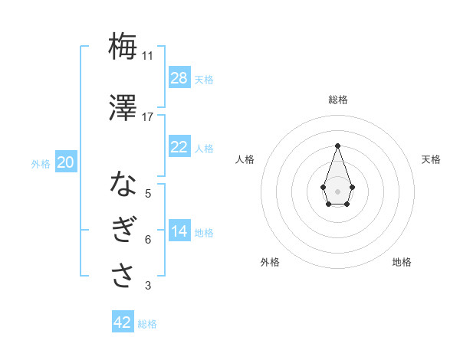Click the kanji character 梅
click(x=123, y=47)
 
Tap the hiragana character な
click(x=123, y=184)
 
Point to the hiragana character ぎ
click(x=123, y=231)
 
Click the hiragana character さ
click(x=123, y=276)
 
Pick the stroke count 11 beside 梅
click(x=147, y=56)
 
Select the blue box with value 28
click(x=179, y=78)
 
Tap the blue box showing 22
click(x=179, y=147)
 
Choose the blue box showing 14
click(x=179, y=231)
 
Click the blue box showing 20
click(x=66, y=162)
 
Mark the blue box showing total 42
click(x=123, y=322)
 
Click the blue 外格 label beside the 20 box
click(x=41, y=163)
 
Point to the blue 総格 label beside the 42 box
click(x=147, y=324)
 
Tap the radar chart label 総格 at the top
click(x=337, y=100)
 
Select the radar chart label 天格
click(x=431, y=159)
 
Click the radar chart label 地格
click(x=402, y=262)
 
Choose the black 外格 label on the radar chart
click(x=270, y=262)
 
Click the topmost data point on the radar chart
click(x=337, y=145)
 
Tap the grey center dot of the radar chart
click(x=337, y=190)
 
